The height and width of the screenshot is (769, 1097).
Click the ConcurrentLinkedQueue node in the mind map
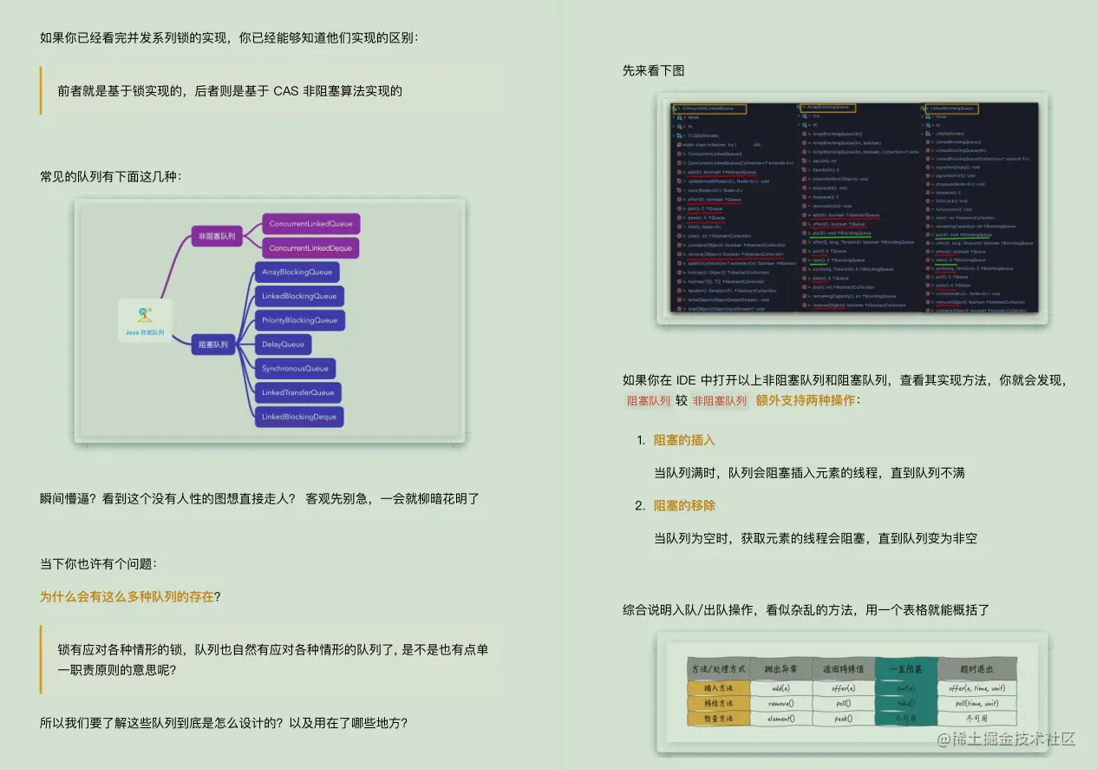(310, 224)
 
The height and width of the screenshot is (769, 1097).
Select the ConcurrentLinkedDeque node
(310, 248)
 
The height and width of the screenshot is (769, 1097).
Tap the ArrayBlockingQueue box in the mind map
(297, 273)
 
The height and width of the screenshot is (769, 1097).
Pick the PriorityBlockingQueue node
(299, 320)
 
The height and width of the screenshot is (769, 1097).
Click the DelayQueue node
(283, 345)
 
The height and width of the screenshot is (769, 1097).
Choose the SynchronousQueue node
(295, 369)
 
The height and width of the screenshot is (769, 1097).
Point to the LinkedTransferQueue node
(297, 392)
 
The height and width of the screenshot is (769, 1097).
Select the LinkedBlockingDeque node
(298, 417)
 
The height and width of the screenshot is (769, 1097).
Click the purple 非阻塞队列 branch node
(217, 235)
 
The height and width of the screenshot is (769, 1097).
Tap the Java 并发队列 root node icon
(145, 315)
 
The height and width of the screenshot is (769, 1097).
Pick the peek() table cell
(843, 718)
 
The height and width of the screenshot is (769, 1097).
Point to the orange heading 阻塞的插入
(684, 440)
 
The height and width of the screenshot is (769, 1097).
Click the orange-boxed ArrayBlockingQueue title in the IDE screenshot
(826, 108)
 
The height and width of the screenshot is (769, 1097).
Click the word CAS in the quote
(286, 90)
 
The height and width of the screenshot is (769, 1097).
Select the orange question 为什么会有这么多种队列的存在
(127, 596)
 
